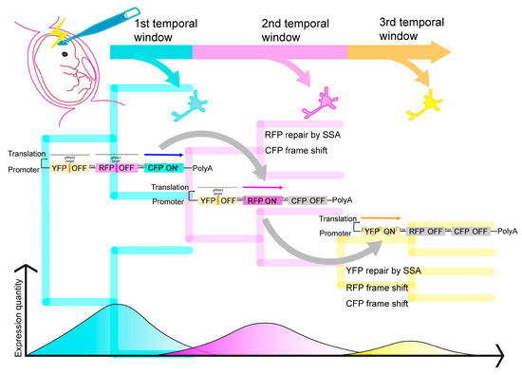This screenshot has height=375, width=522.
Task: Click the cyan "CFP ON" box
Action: tap(164, 167)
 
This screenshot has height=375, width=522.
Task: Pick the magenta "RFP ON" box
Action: tap(263, 200)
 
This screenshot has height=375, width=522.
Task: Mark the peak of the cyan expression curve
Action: tap(116, 306)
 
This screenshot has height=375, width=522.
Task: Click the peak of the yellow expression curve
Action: tap(410, 341)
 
